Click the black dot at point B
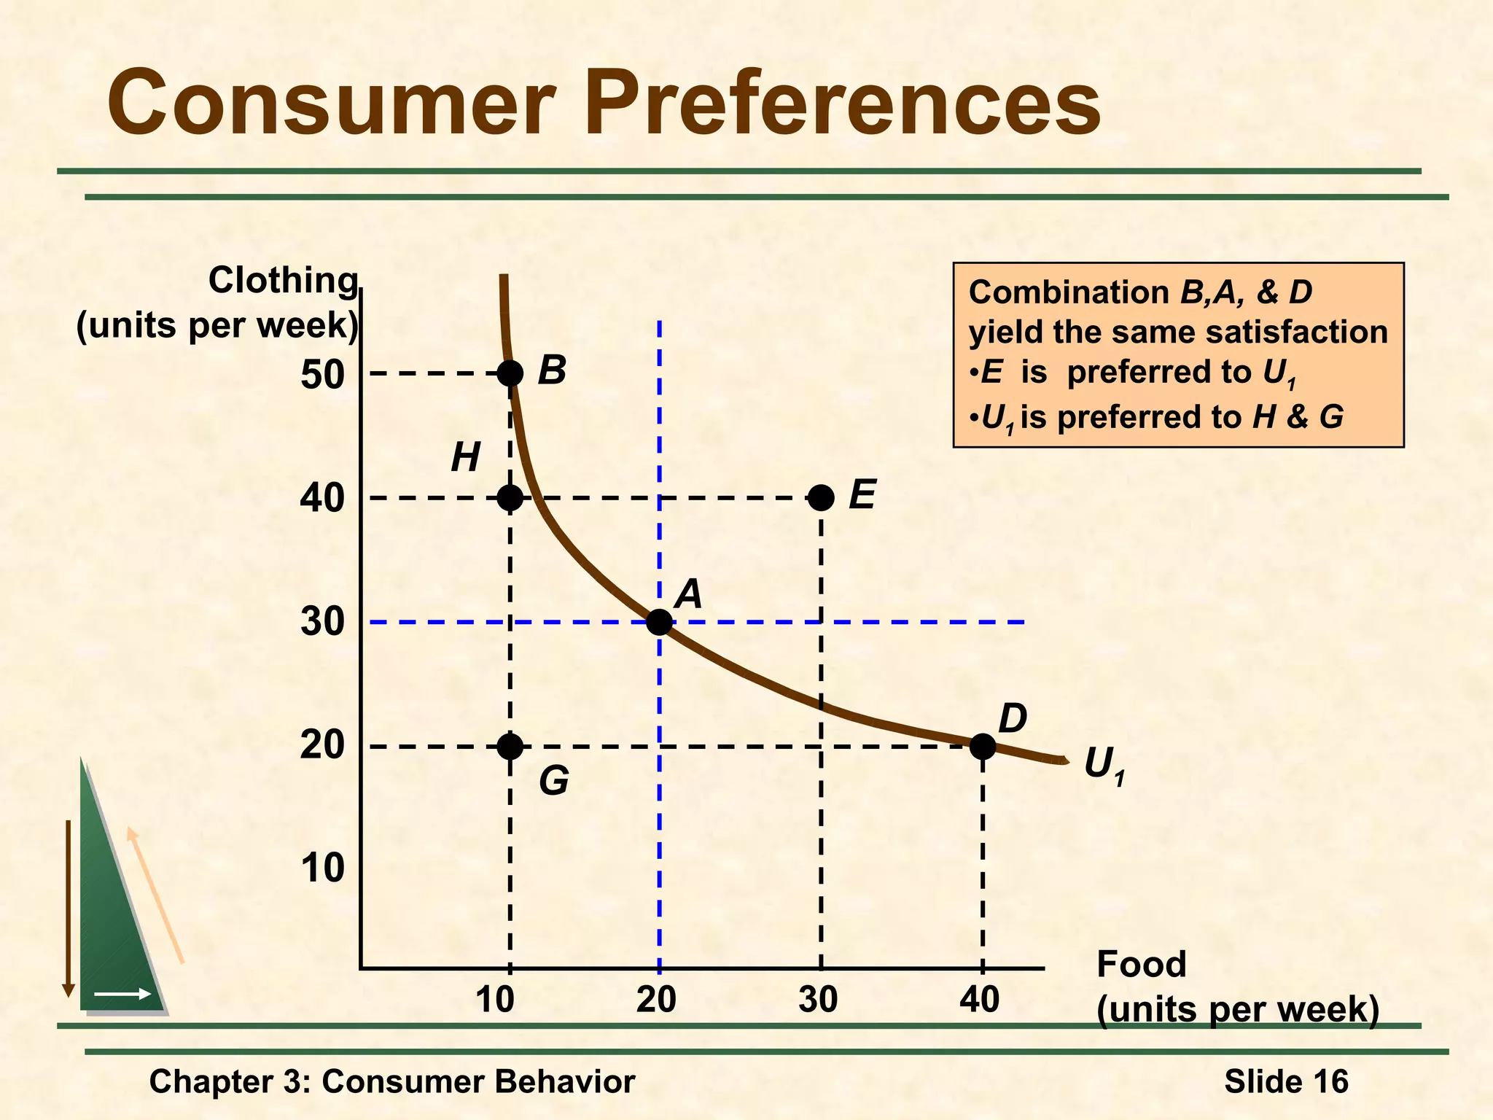tap(510, 373)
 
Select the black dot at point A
tap(659, 622)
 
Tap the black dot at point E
tap(821, 498)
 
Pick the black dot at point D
tap(983, 746)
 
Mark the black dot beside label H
tap(510, 498)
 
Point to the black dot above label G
tap(510, 746)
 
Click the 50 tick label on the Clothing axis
tap(321, 375)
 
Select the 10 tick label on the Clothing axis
tap(321, 868)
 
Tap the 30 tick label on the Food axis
tap(818, 1000)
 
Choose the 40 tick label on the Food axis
tap(980, 1000)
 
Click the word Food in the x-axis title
tap(1141, 964)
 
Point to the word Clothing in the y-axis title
tap(283, 280)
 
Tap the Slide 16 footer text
tap(1286, 1081)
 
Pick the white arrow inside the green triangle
tap(122, 994)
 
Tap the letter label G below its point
tap(554, 782)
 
